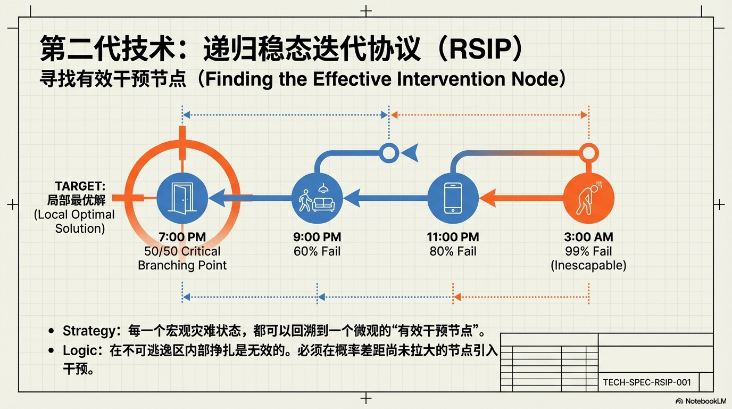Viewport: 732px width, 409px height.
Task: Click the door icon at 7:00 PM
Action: click(x=182, y=198)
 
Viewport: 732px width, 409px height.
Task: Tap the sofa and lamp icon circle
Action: click(x=317, y=198)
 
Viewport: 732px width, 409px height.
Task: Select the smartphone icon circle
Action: click(x=453, y=198)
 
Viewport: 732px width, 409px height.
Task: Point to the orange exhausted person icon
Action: click(x=588, y=198)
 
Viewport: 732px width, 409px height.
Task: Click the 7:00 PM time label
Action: click(x=182, y=238)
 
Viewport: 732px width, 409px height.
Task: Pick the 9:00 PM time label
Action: click(x=317, y=238)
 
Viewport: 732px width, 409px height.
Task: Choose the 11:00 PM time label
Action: click(x=453, y=238)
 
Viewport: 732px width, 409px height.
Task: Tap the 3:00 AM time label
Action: click(x=588, y=238)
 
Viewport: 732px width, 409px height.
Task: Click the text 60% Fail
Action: click(x=317, y=251)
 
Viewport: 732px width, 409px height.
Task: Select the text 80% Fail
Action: click(x=453, y=251)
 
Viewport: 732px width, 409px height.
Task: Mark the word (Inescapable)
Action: click(x=588, y=265)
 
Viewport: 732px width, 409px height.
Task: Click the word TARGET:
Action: click(x=80, y=186)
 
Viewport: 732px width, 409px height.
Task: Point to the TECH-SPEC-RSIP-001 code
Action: click(x=647, y=382)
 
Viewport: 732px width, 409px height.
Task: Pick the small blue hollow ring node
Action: click(x=389, y=153)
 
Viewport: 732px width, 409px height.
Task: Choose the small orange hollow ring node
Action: click(x=588, y=153)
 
